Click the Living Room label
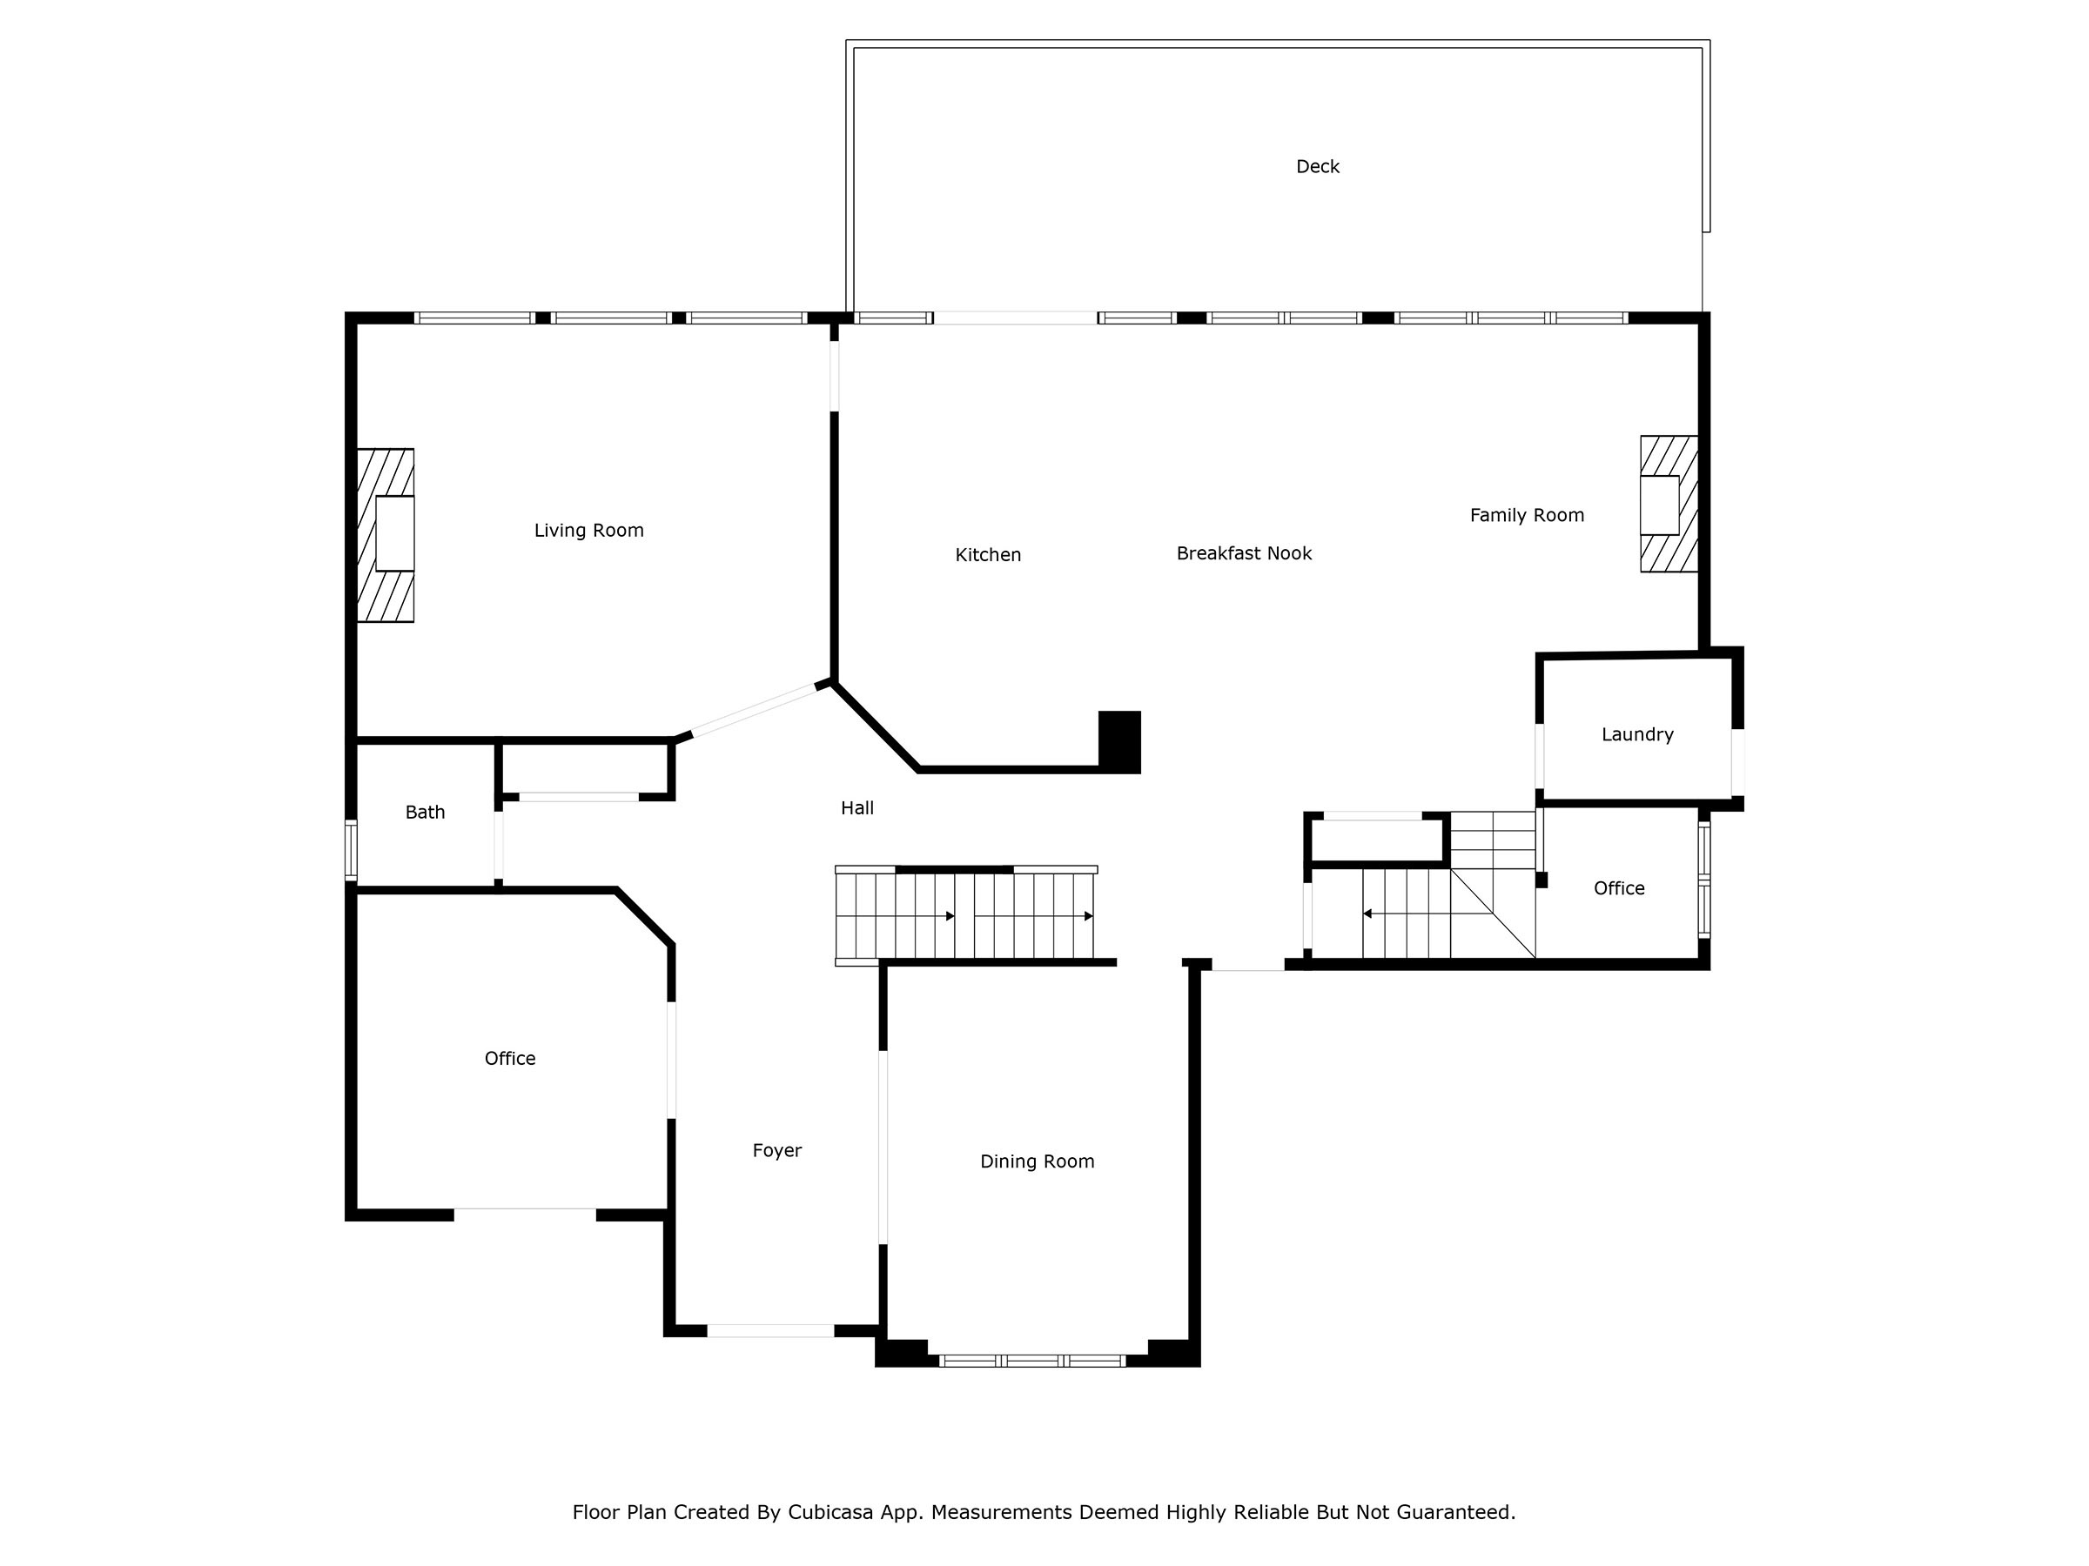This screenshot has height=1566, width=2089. (588, 531)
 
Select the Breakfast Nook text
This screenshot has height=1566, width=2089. (1243, 553)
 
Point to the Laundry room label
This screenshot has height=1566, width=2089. (1636, 734)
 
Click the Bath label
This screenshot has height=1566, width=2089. (424, 812)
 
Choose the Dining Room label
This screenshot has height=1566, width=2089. (1036, 1161)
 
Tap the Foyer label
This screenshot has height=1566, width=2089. (776, 1150)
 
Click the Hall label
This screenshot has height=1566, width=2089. (856, 808)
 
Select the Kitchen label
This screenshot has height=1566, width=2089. (987, 555)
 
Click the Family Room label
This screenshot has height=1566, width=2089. (1526, 515)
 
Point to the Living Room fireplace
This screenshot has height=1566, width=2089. (386, 534)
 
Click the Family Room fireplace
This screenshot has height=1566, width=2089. (1668, 504)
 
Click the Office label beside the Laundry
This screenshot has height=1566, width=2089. (1618, 888)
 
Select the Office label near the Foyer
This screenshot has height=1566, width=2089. (509, 1058)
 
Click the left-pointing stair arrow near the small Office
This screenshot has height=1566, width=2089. (1367, 913)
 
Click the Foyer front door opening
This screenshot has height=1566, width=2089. (769, 1331)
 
